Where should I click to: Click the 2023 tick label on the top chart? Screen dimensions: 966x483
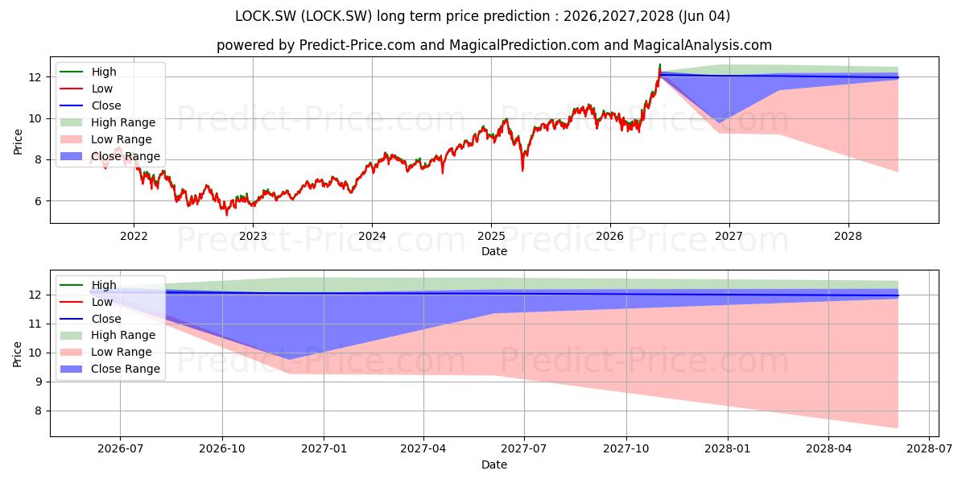253,237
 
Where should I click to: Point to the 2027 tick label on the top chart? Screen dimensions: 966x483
729,237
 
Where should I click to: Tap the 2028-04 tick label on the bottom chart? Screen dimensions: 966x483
828,449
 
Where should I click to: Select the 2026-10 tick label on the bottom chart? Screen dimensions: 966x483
222,449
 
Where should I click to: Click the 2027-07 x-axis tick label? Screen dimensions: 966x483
524,449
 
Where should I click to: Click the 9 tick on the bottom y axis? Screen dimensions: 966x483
38,382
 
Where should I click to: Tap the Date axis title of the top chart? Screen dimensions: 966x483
494,251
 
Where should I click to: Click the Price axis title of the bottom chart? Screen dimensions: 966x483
17,354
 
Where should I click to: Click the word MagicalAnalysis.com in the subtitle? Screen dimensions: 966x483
703,45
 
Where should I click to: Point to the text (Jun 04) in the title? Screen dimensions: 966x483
704,16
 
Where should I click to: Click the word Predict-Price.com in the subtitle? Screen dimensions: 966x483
357,45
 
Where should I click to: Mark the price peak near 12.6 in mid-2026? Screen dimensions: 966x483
659,64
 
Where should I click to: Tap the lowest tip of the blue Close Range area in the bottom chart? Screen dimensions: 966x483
289,359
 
